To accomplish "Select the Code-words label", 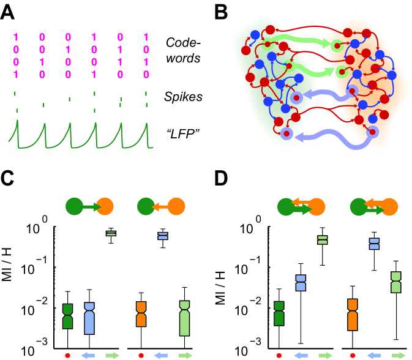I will [182, 51].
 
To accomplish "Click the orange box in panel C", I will [141, 314].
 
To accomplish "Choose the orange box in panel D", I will [352, 314].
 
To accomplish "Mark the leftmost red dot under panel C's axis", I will [67, 354].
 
